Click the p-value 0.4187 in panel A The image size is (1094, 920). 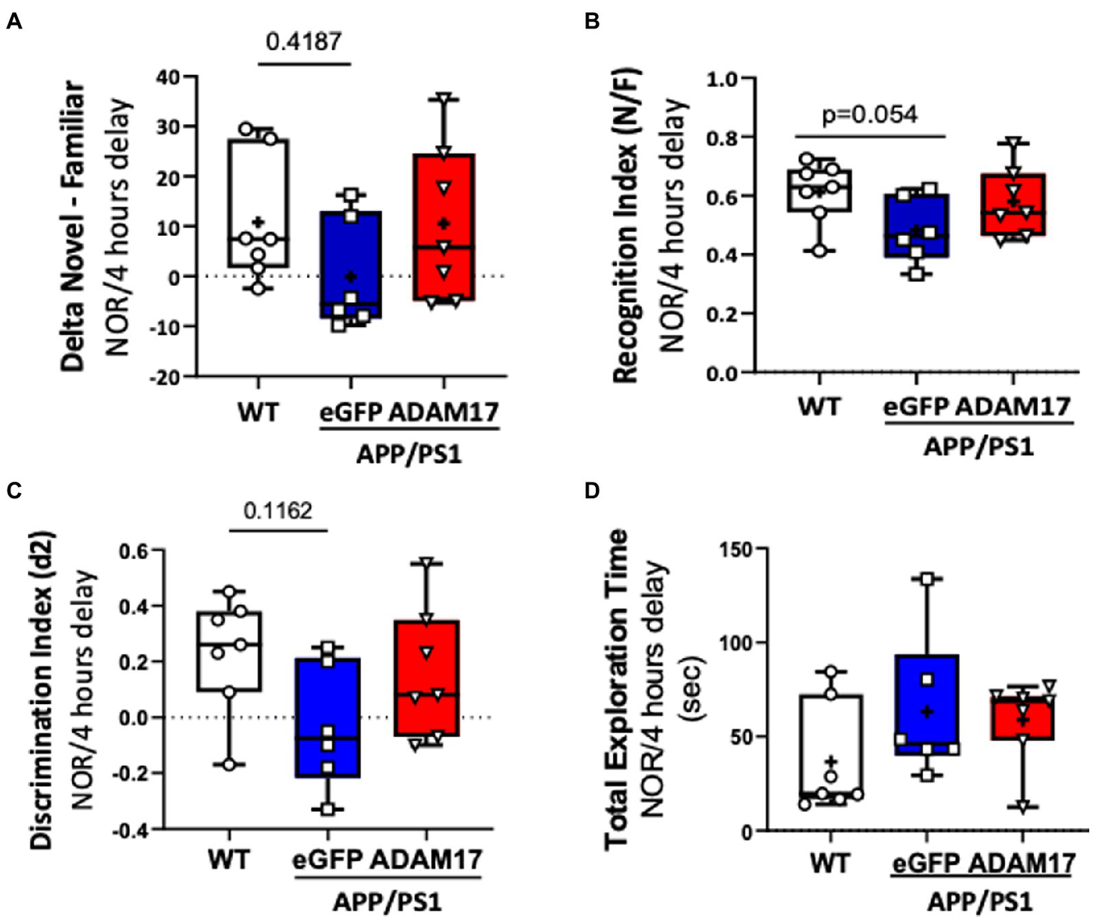(x=304, y=41)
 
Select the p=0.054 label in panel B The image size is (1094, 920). (x=869, y=115)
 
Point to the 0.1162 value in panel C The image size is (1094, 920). (x=277, y=510)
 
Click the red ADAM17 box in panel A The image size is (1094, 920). (x=444, y=227)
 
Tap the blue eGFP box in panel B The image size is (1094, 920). (x=916, y=225)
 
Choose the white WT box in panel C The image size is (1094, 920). (x=229, y=651)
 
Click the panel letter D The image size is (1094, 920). (x=592, y=491)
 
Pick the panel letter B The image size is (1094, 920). (x=592, y=22)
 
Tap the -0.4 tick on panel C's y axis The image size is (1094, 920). (x=131, y=829)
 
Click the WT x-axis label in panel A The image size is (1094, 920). (x=258, y=412)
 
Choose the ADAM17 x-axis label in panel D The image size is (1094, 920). (x=1023, y=864)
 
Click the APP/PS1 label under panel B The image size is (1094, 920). (x=978, y=448)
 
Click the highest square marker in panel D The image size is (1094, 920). (x=927, y=579)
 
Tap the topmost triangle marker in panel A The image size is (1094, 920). (x=444, y=98)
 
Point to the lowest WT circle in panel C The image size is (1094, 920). (x=229, y=765)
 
